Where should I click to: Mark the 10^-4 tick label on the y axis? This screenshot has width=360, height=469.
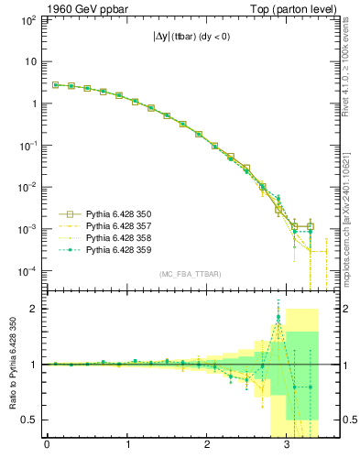[27, 271]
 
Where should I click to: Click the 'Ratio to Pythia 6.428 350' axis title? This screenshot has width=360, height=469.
[12, 364]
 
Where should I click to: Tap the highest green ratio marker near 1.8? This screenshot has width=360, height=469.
[278, 318]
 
